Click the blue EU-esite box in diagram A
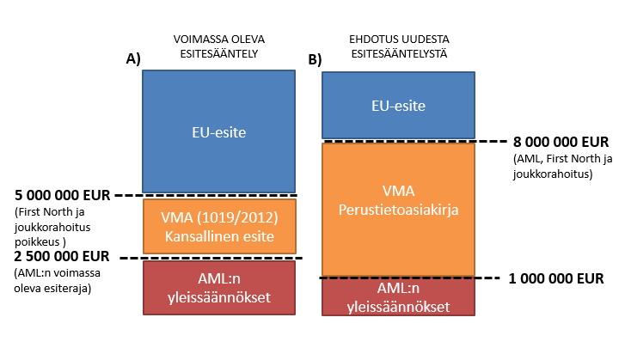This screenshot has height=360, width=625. (x=219, y=131)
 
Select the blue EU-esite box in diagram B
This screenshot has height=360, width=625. (x=398, y=105)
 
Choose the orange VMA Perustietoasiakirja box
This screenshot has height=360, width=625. (x=398, y=209)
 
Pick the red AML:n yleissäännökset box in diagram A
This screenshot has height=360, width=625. (x=219, y=290)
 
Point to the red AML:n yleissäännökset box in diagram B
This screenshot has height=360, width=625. (x=398, y=296)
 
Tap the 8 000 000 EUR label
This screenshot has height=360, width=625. (x=561, y=142)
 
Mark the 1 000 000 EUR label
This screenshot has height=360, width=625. (x=555, y=278)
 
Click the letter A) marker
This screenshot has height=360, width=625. (x=133, y=58)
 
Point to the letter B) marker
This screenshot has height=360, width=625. (x=315, y=60)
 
